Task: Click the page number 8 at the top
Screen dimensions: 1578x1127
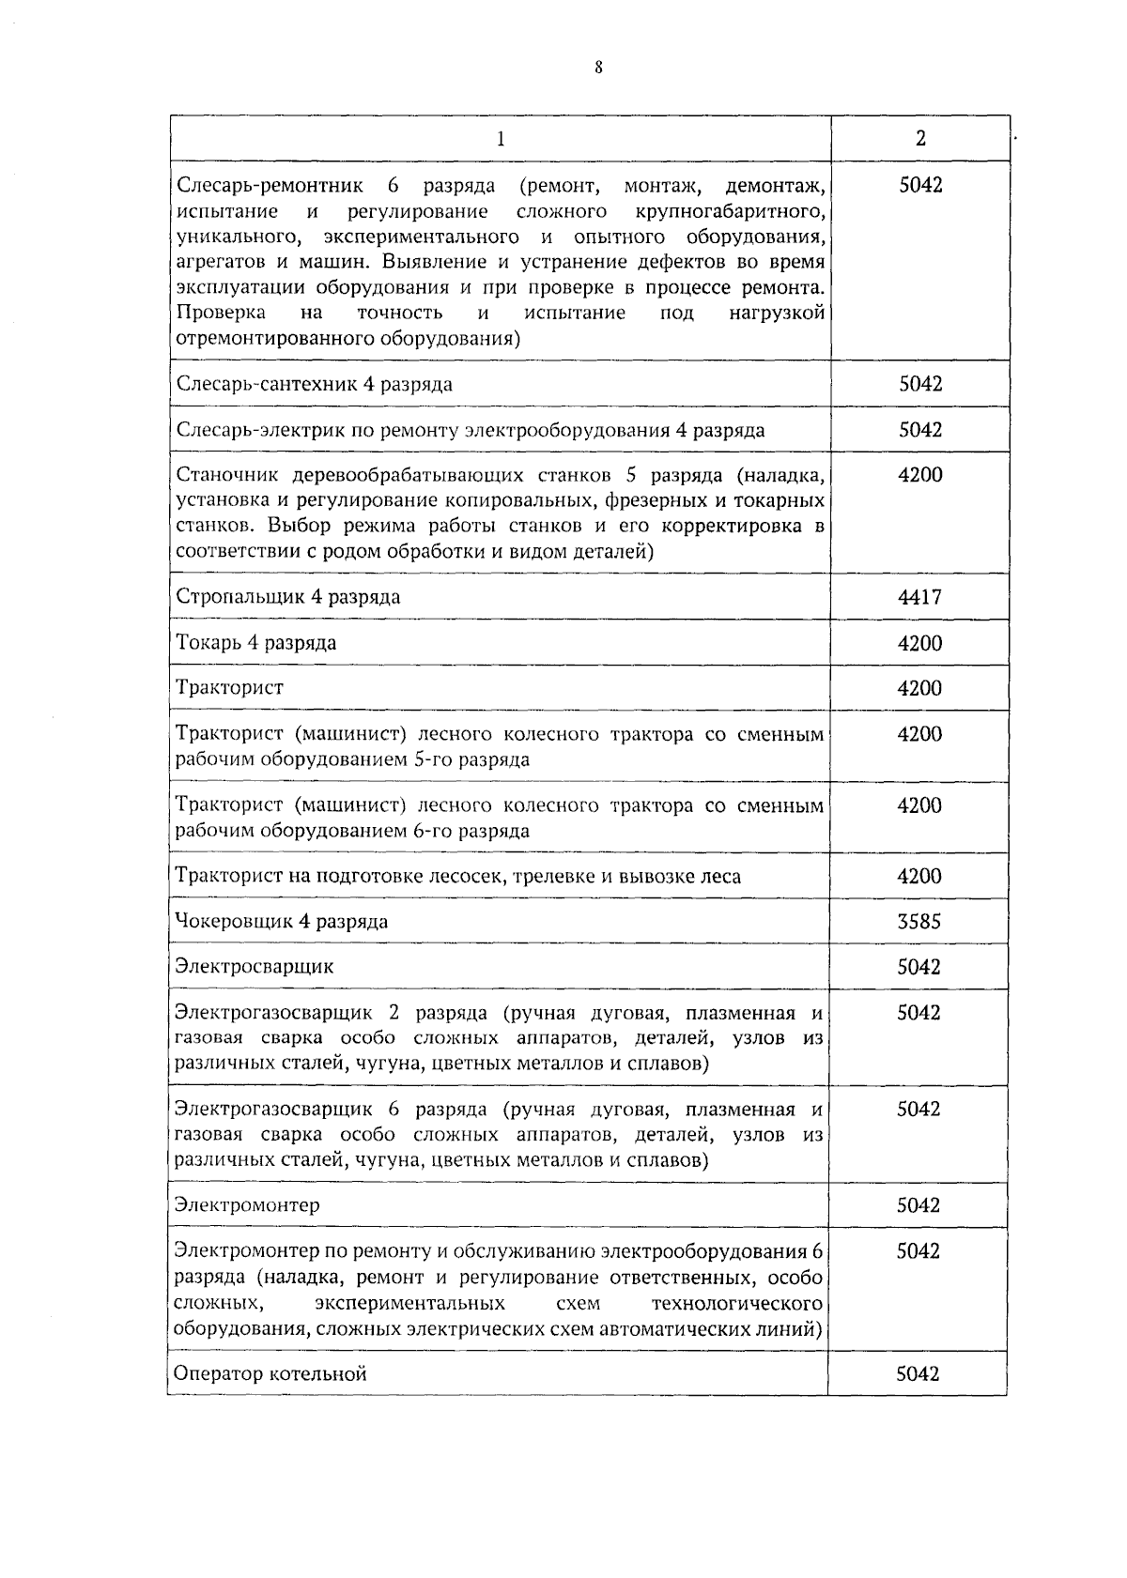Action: click(x=597, y=68)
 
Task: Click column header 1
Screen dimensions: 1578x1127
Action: click(x=501, y=139)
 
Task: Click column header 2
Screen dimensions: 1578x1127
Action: click(x=920, y=139)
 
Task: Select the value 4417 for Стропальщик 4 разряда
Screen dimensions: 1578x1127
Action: click(x=919, y=597)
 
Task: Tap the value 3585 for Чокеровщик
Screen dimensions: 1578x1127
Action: click(x=919, y=921)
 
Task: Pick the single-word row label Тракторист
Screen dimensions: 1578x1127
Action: click(x=230, y=688)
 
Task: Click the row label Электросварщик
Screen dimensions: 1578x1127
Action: click(x=255, y=967)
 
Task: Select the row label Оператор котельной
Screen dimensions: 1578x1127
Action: click(x=270, y=1374)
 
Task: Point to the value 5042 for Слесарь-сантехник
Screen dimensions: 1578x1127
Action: click(x=920, y=384)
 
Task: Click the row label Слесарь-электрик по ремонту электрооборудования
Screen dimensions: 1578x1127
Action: click(x=471, y=430)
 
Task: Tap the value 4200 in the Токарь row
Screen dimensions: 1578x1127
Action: click(x=919, y=643)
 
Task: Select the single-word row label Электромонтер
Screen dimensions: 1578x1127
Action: click(x=247, y=1205)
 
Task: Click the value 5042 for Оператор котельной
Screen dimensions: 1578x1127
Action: click(x=918, y=1374)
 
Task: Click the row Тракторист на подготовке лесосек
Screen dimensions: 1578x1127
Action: click(x=458, y=877)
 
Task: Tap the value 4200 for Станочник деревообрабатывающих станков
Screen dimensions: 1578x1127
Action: click(x=919, y=475)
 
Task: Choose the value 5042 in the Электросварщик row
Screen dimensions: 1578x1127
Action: click(x=919, y=967)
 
